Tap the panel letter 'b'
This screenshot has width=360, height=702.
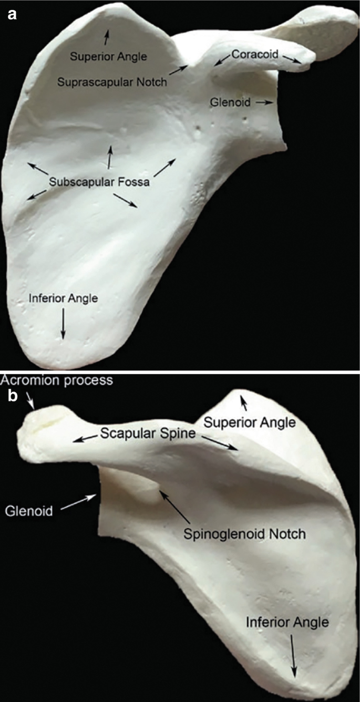tap(11, 395)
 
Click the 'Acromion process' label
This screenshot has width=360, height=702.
tap(56, 380)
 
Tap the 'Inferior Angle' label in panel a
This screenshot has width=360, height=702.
tap(63, 298)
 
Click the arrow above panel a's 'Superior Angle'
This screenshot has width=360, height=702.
tap(107, 36)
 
